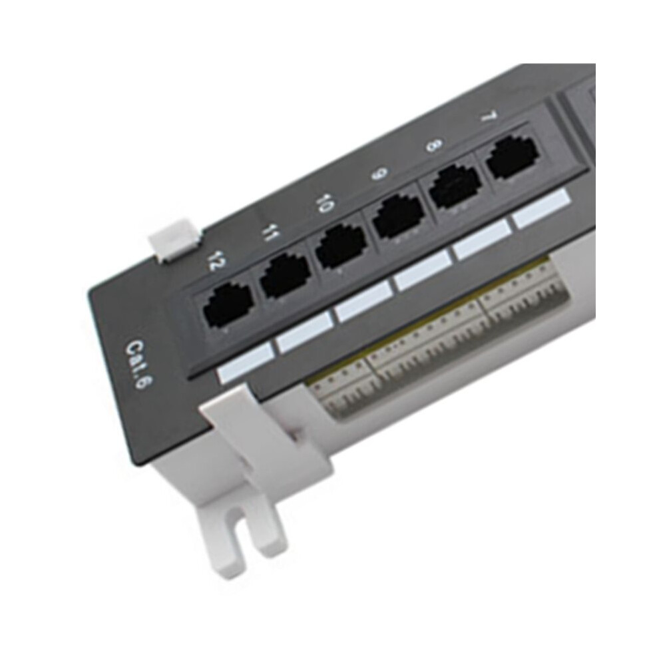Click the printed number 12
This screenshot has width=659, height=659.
pyautogui.click(x=220, y=262)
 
